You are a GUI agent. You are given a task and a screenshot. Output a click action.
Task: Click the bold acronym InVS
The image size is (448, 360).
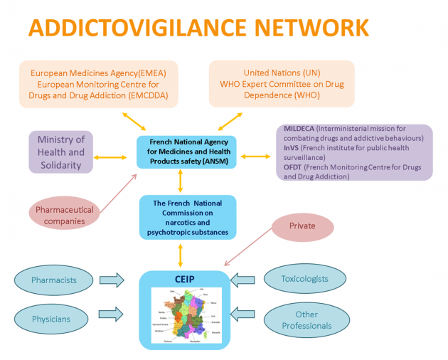tap(292, 148)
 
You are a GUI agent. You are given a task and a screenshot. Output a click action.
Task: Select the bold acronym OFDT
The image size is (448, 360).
tap(294, 167)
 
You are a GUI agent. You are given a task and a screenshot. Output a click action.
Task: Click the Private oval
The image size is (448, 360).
tap(302, 227)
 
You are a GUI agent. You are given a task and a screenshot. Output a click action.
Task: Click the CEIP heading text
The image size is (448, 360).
tap(186, 277)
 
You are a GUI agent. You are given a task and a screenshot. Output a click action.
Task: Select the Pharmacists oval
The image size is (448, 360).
tap(53, 280)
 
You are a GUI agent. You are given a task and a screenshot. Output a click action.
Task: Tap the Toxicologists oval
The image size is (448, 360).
tap(305, 279)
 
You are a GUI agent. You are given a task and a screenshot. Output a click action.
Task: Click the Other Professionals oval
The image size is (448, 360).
tap(305, 321)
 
